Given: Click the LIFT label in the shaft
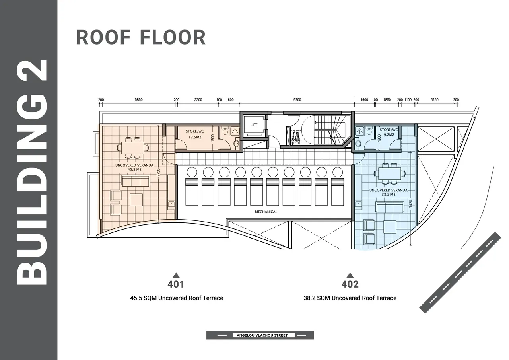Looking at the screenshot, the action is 254,125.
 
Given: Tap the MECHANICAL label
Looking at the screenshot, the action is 266,212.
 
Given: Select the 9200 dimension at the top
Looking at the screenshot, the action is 297,100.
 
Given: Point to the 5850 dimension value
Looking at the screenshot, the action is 139,100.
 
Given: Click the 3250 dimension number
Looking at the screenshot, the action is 435,100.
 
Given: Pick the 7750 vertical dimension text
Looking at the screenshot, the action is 158,173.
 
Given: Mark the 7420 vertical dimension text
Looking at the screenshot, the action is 411,204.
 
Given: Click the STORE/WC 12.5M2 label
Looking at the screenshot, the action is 195,134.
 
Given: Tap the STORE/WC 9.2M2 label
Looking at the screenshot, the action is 389,132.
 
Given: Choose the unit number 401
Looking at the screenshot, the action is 176,284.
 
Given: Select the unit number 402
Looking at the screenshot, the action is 350,284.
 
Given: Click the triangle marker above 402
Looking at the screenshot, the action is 350,275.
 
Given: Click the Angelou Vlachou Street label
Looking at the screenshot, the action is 262,335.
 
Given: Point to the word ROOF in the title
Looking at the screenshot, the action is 103,37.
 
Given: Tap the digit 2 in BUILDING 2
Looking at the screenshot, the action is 32,70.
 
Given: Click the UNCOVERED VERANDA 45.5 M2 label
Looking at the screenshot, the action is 134,167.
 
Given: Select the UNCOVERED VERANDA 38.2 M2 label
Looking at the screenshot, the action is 389,192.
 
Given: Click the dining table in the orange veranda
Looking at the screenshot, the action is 133,148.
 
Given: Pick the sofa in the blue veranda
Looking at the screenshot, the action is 390,207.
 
